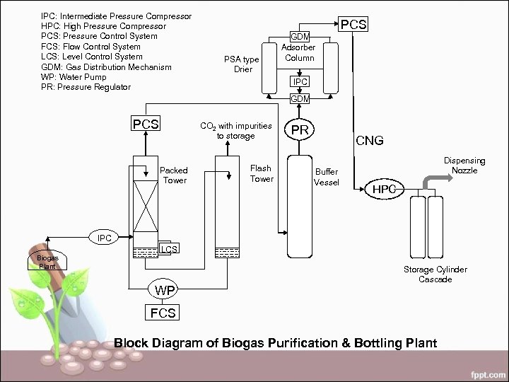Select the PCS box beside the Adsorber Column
353,25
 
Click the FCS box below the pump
163,313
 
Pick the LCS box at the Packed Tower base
168,248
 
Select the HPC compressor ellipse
385,190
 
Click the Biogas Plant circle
47,262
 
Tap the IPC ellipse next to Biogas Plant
104,238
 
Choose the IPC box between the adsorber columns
300,82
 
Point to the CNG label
369,141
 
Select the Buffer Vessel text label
327,177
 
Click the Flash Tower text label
261,173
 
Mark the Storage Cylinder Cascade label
435,274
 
